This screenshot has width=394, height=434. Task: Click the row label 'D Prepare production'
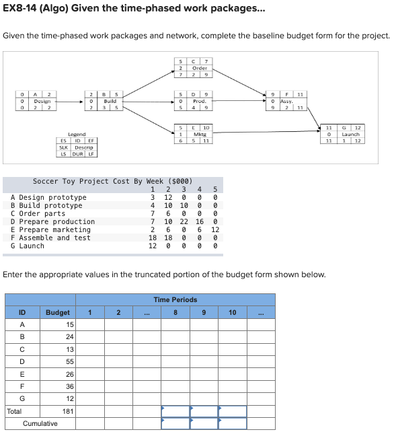coord(53,221)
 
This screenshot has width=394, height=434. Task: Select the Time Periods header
coord(175,299)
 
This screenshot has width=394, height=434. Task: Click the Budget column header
coord(57,312)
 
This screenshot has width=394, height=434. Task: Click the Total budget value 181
coord(67,410)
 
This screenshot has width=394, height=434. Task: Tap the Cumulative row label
coord(40,423)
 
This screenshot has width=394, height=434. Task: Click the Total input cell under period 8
coord(175,410)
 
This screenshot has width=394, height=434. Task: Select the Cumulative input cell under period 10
coord(232,423)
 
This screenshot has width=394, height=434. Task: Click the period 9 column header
coord(204,312)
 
